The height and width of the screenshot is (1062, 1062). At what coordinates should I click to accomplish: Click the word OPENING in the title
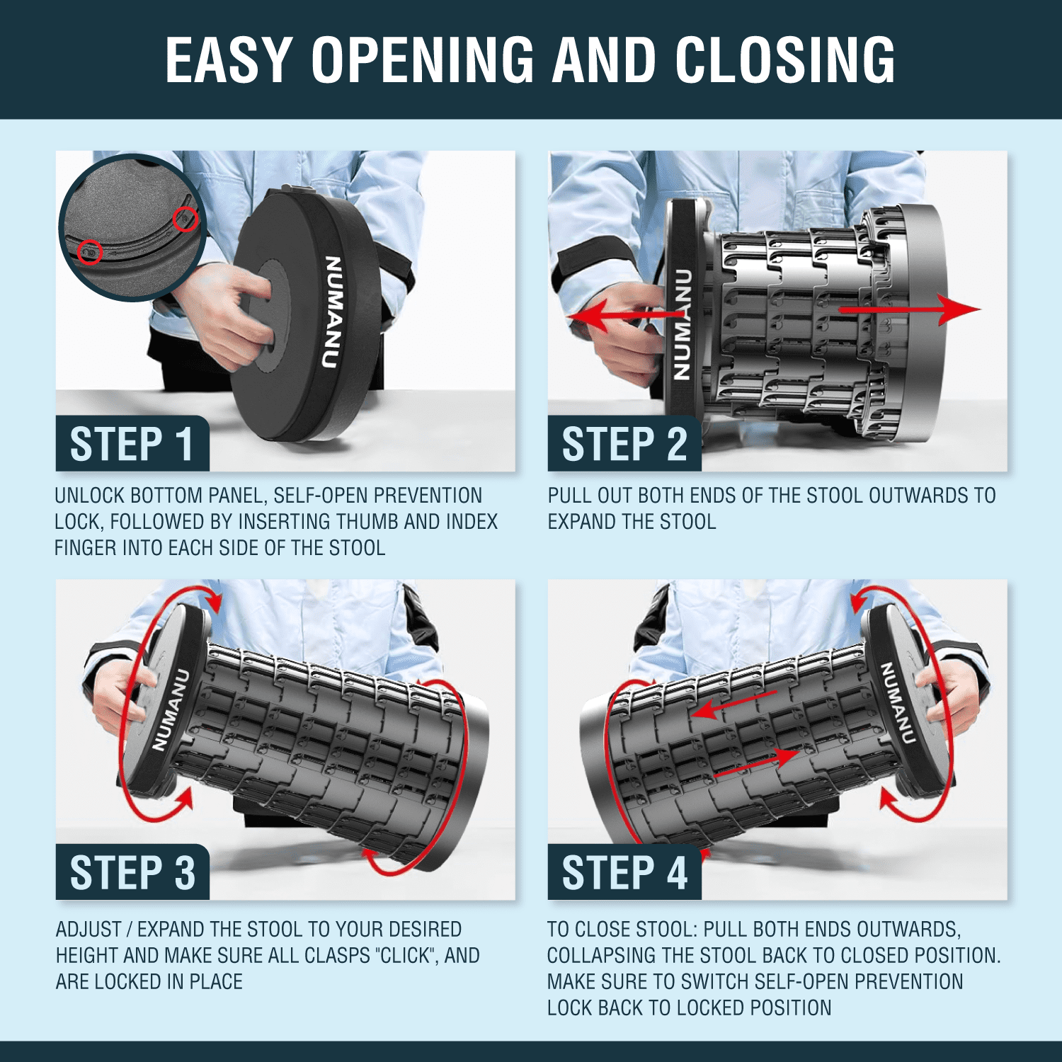pyautogui.click(x=423, y=60)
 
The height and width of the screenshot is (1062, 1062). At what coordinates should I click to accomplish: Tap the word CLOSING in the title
pyautogui.click(x=786, y=60)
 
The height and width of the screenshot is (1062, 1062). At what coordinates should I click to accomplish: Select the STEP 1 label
pyautogui.click(x=132, y=445)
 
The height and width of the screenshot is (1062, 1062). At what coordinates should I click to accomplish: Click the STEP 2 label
pyautogui.click(x=624, y=445)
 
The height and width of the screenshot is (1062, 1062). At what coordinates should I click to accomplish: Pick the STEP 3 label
pyautogui.click(x=132, y=872)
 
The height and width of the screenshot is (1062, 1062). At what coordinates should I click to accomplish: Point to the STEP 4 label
pyautogui.click(x=624, y=872)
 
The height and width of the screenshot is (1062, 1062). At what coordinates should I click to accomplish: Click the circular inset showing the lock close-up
pyautogui.click(x=132, y=227)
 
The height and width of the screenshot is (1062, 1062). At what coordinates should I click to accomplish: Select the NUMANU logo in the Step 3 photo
pyautogui.click(x=171, y=709)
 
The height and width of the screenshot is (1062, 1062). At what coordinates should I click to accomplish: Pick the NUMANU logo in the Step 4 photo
pyautogui.click(x=897, y=703)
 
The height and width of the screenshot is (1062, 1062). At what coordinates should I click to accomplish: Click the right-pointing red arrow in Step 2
pyautogui.click(x=910, y=309)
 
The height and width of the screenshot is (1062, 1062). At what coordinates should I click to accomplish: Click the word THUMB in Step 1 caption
pyautogui.click(x=362, y=522)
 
